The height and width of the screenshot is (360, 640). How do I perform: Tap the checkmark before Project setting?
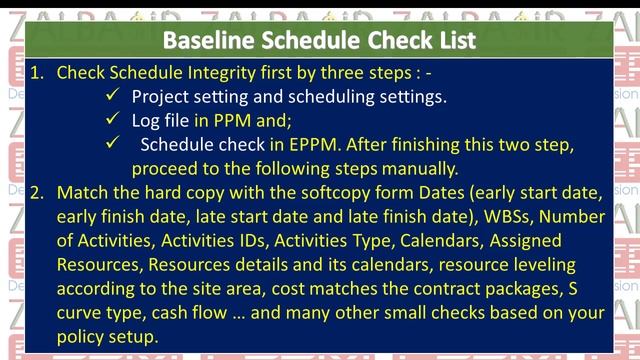[x=112, y=97]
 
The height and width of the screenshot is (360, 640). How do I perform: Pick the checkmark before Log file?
[x=112, y=121]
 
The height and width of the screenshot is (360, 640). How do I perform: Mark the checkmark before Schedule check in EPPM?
[x=112, y=145]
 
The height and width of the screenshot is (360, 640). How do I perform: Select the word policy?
[x=82, y=336]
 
